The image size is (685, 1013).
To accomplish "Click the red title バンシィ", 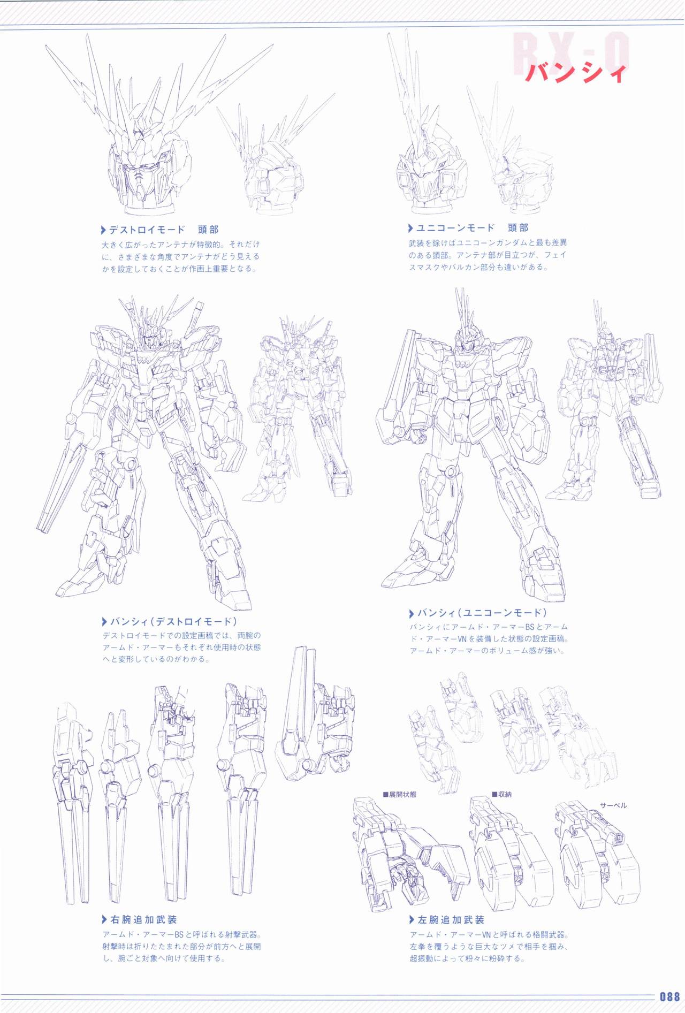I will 575,72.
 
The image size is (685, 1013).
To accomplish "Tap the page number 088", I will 669,997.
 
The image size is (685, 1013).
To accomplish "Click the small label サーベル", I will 613,805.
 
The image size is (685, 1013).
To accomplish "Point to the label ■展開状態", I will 399,795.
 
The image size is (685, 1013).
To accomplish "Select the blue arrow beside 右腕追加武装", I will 104,920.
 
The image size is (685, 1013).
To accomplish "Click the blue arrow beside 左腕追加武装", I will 412,920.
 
